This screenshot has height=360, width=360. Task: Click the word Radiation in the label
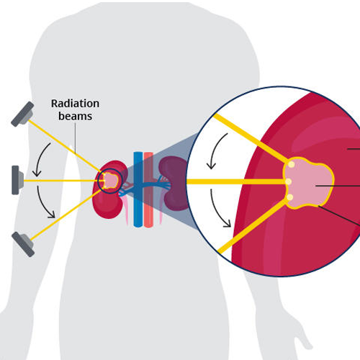[75, 104]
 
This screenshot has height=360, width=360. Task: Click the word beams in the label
[76, 116]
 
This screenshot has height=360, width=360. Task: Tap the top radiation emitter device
[22, 114]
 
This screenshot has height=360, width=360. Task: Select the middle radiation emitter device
[17, 180]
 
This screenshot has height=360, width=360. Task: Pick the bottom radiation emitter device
[23, 244]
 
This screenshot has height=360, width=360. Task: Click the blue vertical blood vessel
[138, 189]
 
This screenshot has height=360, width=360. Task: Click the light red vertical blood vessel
[148, 189]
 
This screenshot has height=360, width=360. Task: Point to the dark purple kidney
[174, 183]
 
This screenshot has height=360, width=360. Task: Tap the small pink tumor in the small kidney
[111, 181]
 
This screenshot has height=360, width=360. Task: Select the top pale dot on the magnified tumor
[292, 165]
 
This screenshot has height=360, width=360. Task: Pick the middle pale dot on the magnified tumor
[289, 181]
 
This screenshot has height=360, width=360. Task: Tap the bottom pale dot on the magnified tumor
[290, 197]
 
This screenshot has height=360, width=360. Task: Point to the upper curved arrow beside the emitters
[39, 158]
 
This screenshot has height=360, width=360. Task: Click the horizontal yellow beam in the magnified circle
[236, 181]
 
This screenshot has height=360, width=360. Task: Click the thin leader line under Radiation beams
[76, 138]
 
